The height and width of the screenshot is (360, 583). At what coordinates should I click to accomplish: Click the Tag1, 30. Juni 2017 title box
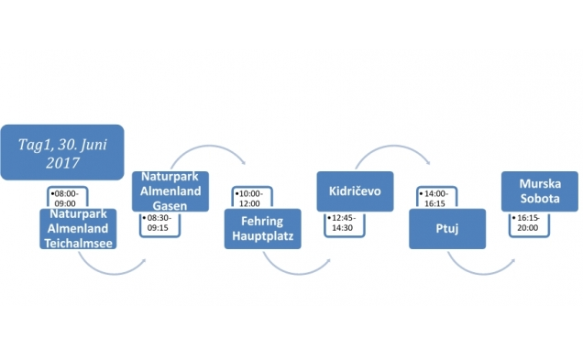coord(62,152)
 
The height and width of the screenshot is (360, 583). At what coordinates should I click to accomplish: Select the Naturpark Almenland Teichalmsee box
coord(78,229)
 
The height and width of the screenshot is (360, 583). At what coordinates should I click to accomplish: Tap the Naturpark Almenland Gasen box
coord(170,191)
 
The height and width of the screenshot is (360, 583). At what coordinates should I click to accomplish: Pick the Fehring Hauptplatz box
coord(262,229)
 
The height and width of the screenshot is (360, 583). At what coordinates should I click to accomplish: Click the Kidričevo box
coord(355,191)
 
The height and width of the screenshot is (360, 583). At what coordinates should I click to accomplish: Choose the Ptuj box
coord(447,229)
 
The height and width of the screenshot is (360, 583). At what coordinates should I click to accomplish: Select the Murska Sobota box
coord(540,191)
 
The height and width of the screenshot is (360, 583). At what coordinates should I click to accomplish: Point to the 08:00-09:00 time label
coord(65,199)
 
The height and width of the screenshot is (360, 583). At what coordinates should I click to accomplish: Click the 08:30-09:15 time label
coord(158,223)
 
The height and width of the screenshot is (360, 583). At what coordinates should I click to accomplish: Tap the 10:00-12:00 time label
coord(249,199)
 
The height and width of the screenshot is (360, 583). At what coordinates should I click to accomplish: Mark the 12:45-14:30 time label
coord(342,223)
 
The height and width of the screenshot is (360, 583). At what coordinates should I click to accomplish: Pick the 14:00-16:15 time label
coord(434,199)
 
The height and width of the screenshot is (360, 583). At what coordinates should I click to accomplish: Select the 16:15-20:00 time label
coord(527,223)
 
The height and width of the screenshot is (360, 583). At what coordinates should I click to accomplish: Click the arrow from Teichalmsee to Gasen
coord(112,274)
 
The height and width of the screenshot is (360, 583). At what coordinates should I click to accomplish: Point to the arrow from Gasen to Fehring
coord(208,146)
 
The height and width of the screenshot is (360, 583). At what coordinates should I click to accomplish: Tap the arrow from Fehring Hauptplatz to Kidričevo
coord(296,274)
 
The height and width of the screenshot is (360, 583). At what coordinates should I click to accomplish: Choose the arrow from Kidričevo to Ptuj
coord(393,146)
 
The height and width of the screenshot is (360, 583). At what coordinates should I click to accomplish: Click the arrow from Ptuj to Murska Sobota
coord(481,274)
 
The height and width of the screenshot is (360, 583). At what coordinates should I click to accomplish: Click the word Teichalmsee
coord(78,244)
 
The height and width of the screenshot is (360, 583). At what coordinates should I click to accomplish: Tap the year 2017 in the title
coord(62,163)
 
